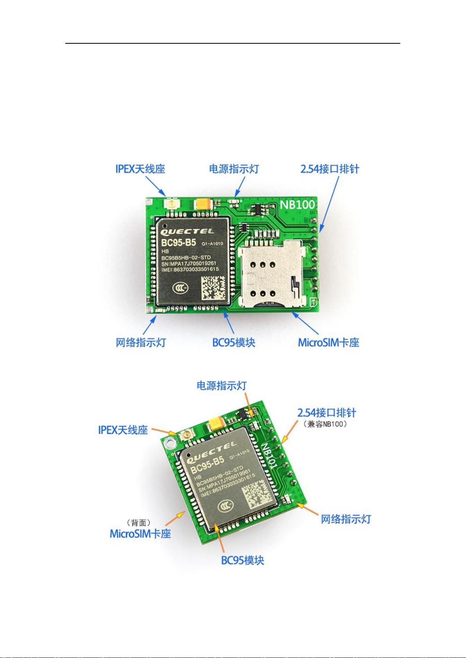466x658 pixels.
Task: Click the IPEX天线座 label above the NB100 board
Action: coord(140,169)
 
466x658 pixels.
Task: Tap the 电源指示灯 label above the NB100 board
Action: coord(234,169)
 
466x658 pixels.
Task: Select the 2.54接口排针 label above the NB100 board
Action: coord(330,169)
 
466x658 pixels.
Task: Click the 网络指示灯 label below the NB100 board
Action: coord(141,342)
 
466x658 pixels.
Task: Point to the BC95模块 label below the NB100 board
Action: coord(234,342)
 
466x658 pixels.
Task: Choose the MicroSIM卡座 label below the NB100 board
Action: coord(329,342)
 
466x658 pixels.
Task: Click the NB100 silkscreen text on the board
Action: coord(297,205)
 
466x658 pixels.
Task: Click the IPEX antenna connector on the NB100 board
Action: coord(171,204)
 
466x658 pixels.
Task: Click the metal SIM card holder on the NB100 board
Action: coord(271,273)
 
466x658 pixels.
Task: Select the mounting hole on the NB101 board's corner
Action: coord(170,442)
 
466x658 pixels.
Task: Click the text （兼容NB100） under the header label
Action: coord(326,424)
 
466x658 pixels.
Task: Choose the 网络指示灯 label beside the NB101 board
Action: coord(346,519)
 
